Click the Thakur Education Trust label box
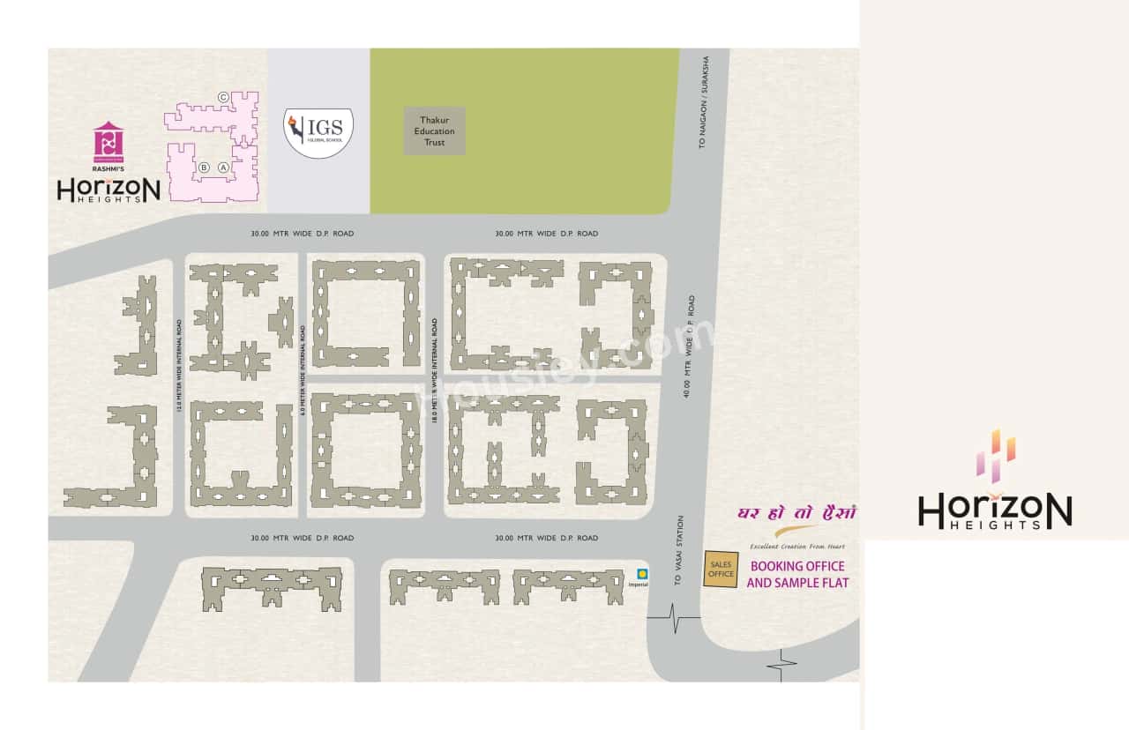coord(434,131)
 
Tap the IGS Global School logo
coord(318,132)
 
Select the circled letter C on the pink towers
coord(223,97)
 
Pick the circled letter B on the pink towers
coord(203,167)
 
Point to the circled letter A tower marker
coord(223,167)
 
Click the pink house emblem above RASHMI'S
coord(108,142)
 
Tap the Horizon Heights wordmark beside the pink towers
coord(108,190)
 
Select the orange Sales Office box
coord(721,570)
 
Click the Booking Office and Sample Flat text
coord(797,574)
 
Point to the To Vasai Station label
coord(678,551)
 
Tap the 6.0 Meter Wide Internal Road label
coord(302,369)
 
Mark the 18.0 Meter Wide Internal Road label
coord(435,369)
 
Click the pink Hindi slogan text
coord(796,513)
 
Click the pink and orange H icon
coord(995,457)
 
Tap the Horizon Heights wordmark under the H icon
coord(995,511)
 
